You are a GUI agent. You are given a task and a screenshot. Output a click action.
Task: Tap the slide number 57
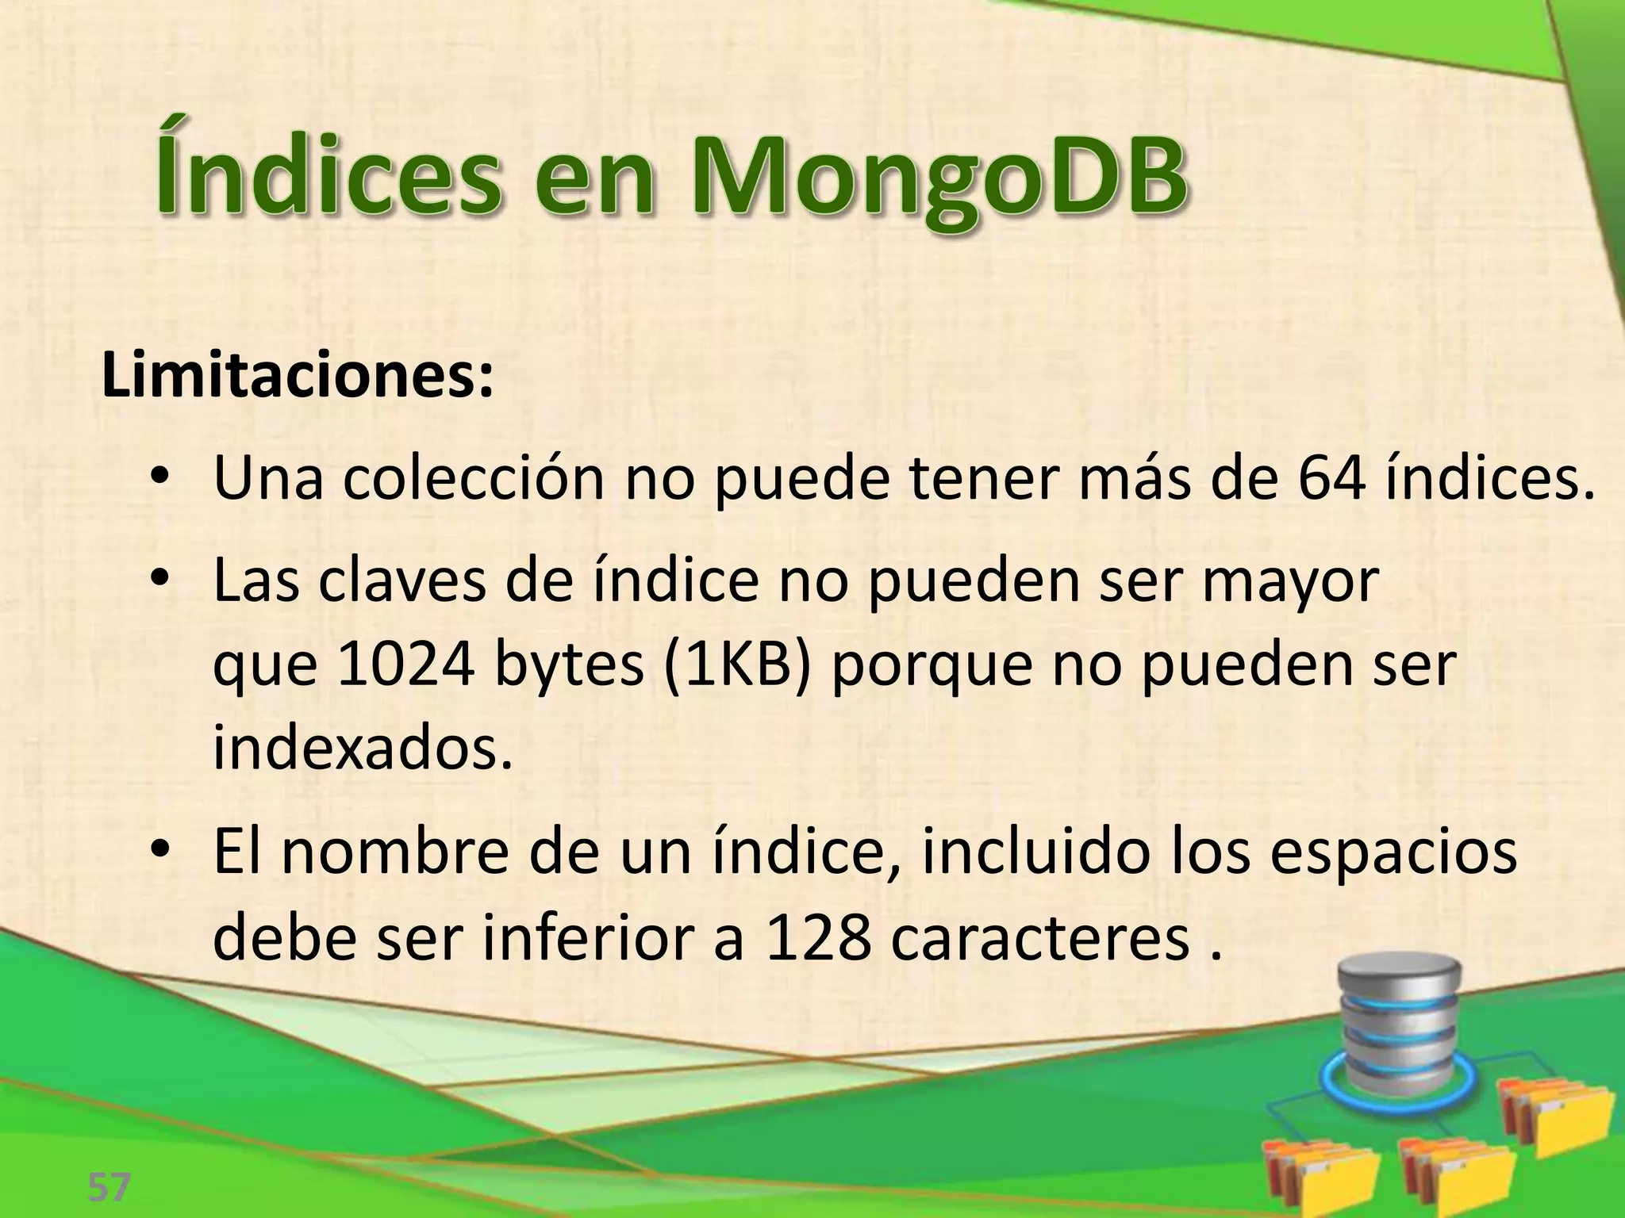(x=109, y=1187)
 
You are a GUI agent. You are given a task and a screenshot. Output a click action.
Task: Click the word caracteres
(x=1039, y=937)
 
